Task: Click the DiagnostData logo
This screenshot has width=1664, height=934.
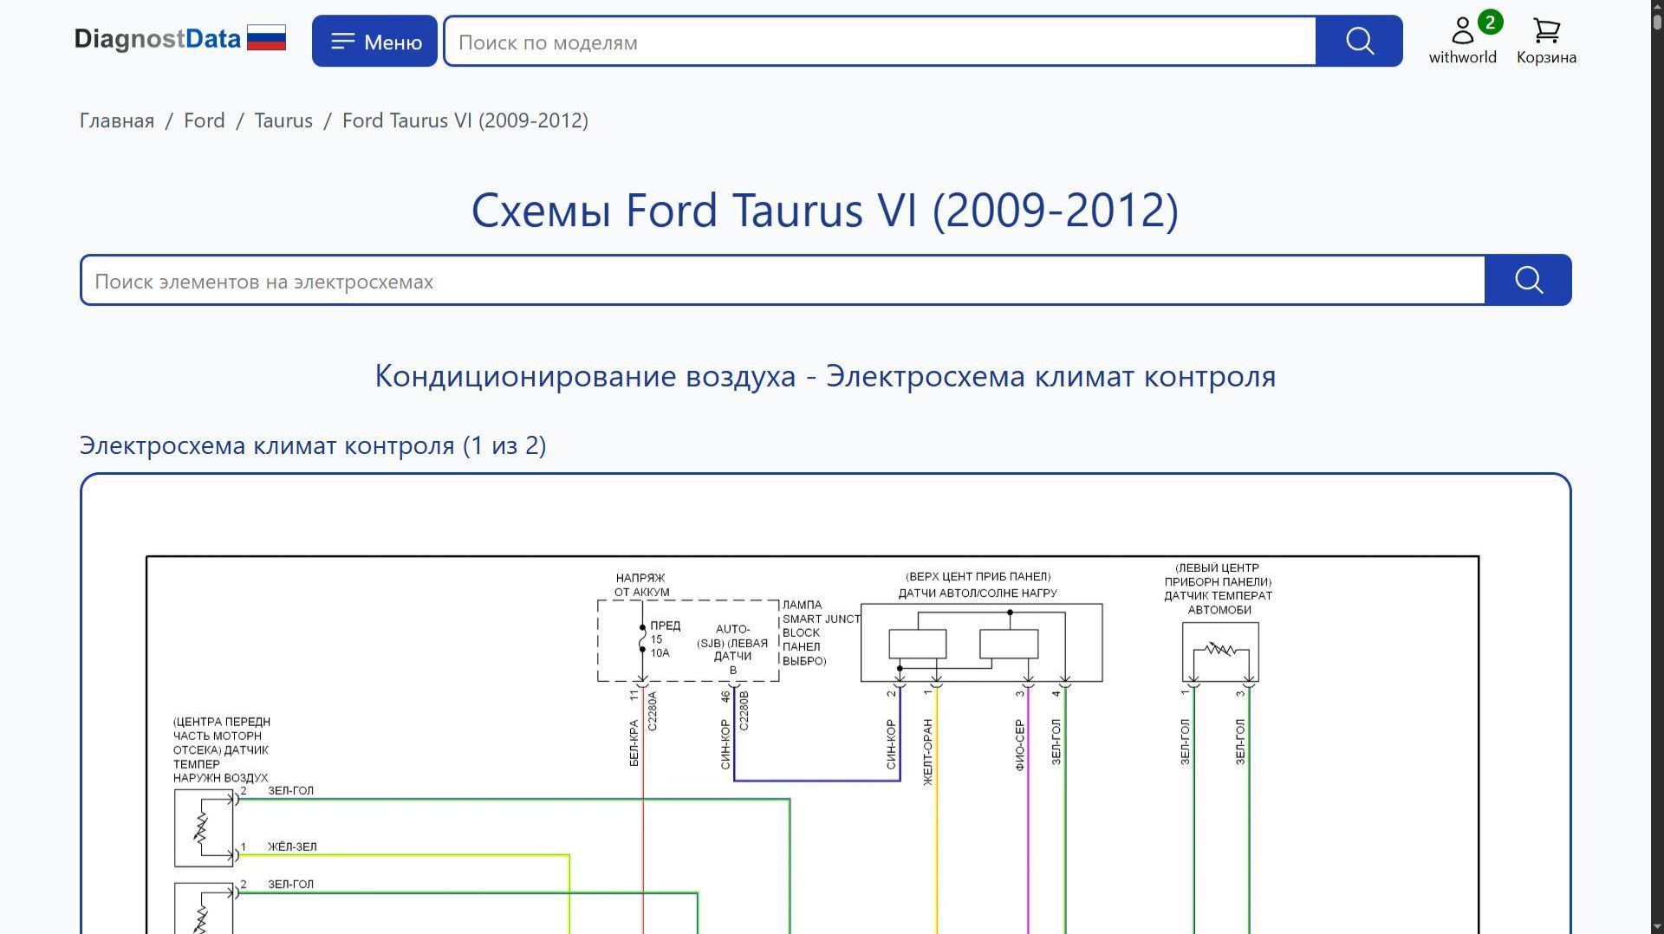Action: [180, 39]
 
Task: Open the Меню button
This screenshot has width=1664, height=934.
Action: [374, 41]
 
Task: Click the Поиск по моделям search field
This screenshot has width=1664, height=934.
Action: [880, 41]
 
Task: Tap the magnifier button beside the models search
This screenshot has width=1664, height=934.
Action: [1359, 41]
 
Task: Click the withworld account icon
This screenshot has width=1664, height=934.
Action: [1463, 31]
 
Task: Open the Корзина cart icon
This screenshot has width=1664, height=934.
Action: [1546, 31]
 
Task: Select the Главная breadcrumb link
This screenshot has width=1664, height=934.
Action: [117, 120]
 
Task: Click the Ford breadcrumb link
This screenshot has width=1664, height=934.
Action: [205, 120]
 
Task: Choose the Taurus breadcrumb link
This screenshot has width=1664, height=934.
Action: [283, 120]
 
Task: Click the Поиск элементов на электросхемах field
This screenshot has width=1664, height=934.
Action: [783, 280]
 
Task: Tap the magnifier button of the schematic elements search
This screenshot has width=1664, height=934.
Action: [1528, 280]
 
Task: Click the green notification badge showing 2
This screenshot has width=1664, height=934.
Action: [1490, 23]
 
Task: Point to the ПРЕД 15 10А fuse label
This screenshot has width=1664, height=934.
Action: [665, 639]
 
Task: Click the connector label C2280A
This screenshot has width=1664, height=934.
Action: [653, 711]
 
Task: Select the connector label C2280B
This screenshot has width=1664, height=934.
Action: [744, 711]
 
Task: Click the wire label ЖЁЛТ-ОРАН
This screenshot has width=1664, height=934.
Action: [928, 752]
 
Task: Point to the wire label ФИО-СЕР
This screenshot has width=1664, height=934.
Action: [1020, 745]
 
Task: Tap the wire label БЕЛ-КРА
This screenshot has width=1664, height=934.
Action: [634, 743]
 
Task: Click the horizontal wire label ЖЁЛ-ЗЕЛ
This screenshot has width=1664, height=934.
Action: [292, 846]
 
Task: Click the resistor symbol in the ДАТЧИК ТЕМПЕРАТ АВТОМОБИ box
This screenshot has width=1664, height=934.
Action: [1220, 648]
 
